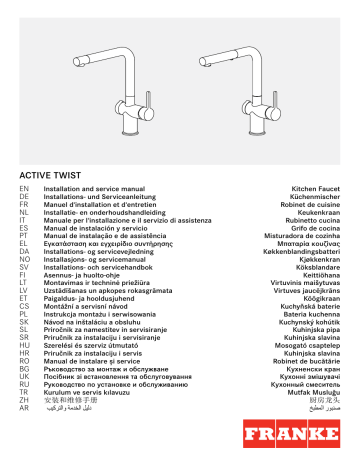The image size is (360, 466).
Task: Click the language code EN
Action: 24,188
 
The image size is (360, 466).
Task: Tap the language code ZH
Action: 24,400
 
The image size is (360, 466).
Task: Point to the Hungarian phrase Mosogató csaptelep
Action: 307,342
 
